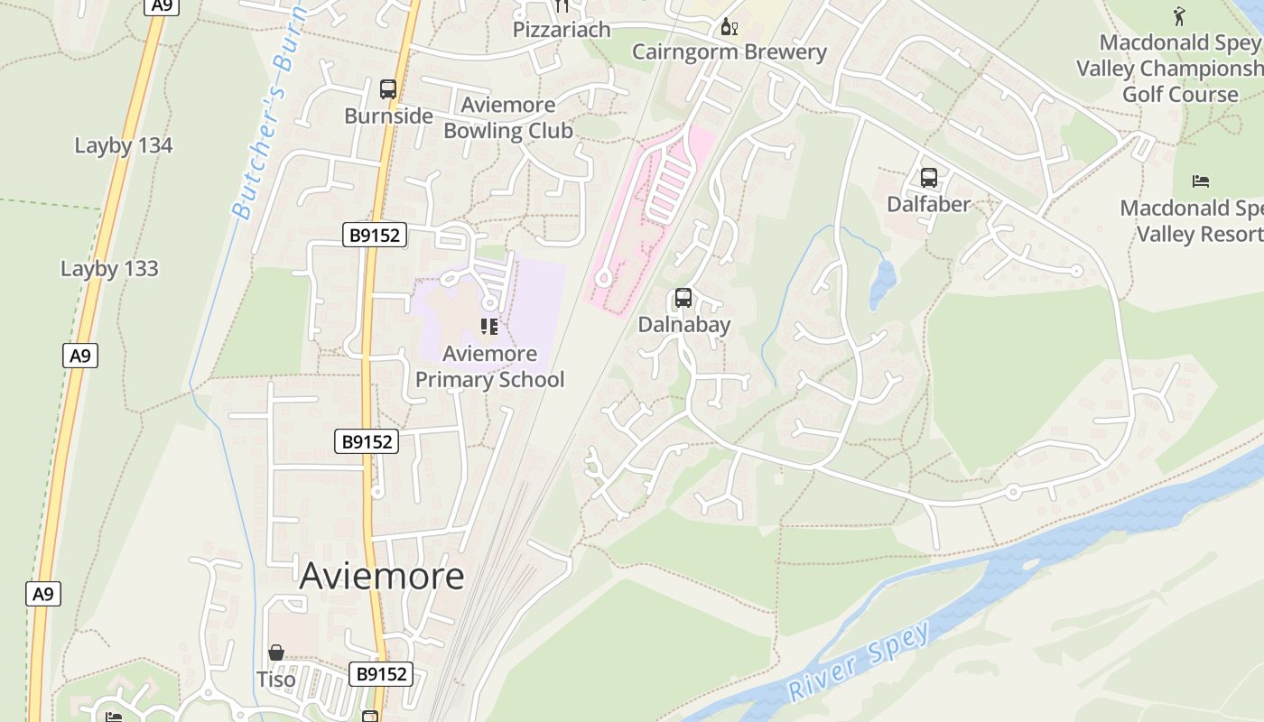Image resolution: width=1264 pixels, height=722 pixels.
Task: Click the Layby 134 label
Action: (x=123, y=145)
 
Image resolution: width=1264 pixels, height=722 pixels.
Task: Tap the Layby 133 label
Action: (x=109, y=268)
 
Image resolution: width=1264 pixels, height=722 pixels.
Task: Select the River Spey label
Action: (x=859, y=662)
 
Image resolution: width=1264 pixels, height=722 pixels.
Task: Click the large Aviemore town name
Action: (x=381, y=576)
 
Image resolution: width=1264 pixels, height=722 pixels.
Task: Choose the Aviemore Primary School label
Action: (x=489, y=366)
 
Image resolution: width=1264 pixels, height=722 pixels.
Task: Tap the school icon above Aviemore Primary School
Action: (x=489, y=327)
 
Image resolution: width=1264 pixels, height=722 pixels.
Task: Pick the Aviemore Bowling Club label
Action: (x=507, y=117)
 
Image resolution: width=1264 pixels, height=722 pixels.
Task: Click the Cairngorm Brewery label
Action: (x=729, y=51)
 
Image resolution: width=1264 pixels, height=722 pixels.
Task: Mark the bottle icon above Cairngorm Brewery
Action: (x=729, y=27)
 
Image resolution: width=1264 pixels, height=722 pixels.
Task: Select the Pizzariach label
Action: (x=562, y=30)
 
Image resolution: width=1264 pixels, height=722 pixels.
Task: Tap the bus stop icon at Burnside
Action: (x=388, y=89)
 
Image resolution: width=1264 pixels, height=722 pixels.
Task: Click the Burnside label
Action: (x=388, y=116)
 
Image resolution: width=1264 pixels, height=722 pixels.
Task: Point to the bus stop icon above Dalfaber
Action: (x=928, y=178)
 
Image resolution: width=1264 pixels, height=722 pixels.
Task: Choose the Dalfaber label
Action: (x=928, y=204)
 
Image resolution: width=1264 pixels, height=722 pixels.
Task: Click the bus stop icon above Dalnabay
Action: (x=683, y=298)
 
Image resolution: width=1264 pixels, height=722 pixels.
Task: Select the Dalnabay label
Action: (x=683, y=324)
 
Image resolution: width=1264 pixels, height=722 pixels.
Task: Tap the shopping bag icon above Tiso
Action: (x=276, y=653)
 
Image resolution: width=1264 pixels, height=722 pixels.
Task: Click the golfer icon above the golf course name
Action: (x=1179, y=16)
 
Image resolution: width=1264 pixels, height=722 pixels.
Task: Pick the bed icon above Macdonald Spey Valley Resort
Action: (x=1200, y=181)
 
